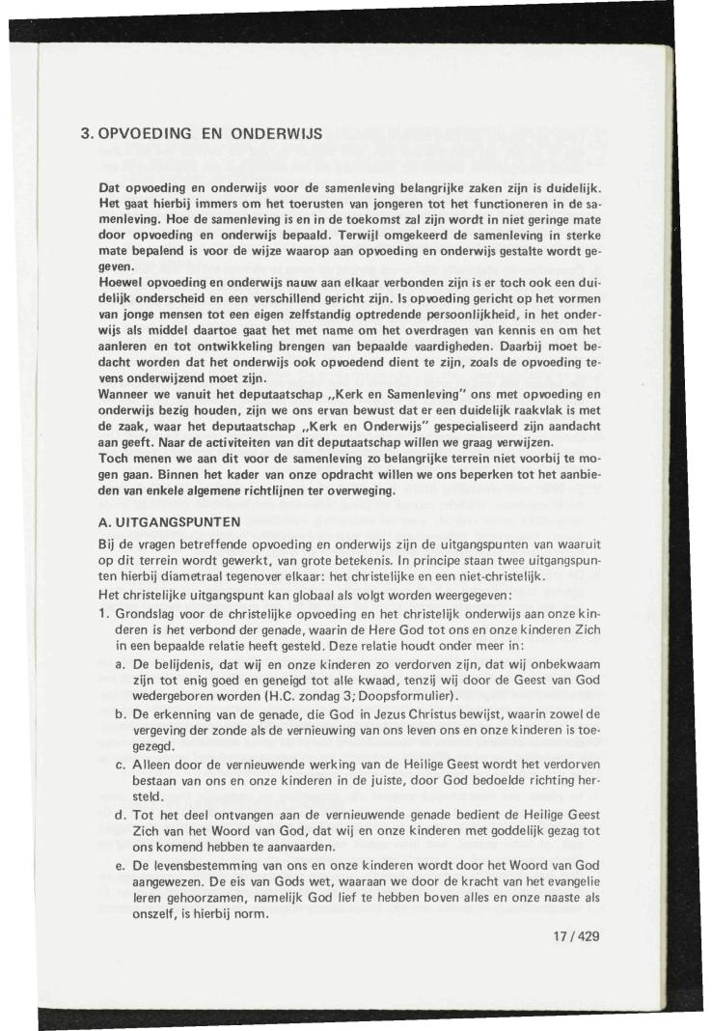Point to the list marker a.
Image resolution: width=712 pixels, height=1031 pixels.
(120, 666)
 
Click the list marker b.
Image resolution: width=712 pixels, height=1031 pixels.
(120, 712)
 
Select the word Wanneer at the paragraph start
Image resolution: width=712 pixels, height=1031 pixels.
(126, 394)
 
